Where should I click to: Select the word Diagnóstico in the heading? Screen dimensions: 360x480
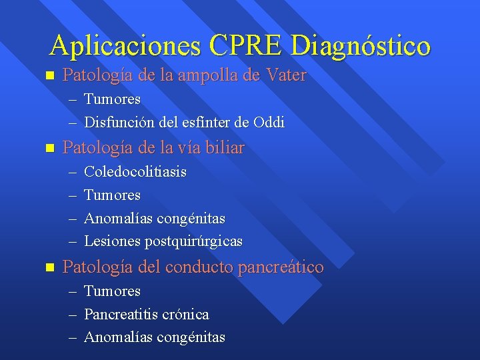(361, 46)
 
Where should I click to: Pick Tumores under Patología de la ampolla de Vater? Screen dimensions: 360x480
(112, 99)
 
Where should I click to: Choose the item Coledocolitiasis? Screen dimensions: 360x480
(135, 172)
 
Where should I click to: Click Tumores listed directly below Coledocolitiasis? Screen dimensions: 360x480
(112, 195)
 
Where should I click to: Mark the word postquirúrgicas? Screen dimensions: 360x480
(193, 241)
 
